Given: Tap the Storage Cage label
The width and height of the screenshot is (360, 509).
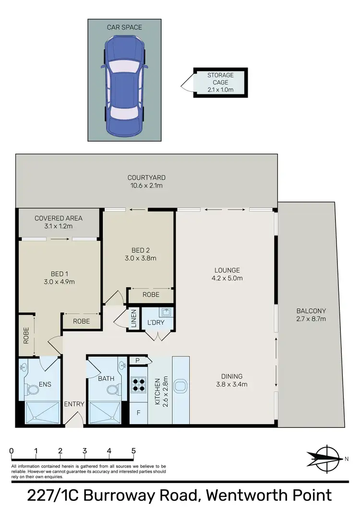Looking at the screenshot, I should (220, 82).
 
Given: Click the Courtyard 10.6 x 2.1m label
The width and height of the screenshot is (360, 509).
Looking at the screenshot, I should (146, 181).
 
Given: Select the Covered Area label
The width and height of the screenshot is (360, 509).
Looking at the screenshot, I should (59, 222).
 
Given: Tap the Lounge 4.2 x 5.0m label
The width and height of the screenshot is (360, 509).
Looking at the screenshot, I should (228, 274).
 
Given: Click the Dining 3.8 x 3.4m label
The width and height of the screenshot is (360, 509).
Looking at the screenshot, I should (231, 380).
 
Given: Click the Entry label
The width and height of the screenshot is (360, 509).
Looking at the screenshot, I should (74, 404).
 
